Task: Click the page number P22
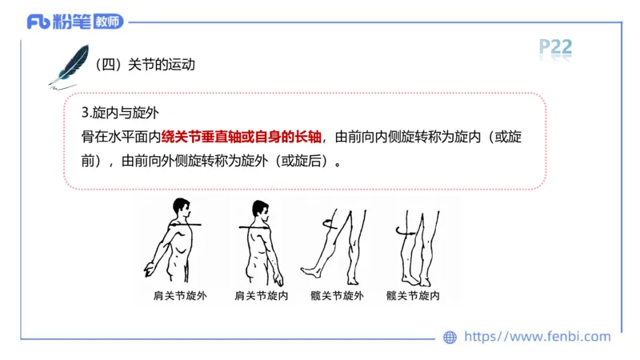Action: point(555,47)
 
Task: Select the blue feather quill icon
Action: point(70,65)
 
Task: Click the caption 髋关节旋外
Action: point(338,295)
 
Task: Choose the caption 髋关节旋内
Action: point(413,295)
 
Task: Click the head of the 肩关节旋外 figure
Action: point(183,210)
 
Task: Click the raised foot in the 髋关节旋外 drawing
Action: point(310,270)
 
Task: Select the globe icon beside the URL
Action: point(450,337)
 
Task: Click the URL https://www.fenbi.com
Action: point(537,337)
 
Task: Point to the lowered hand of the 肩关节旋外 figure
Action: point(148,267)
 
